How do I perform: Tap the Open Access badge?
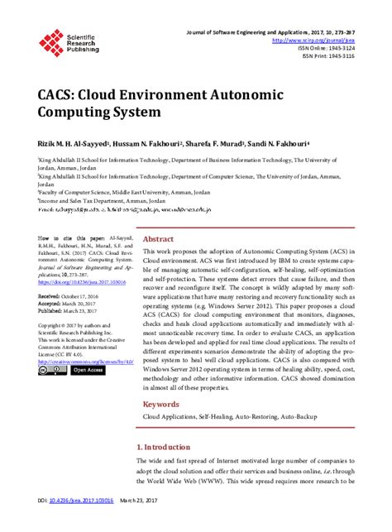[88, 370]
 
